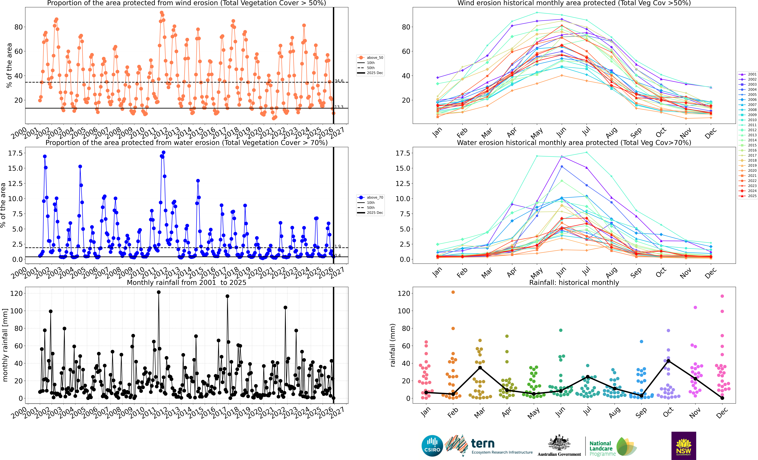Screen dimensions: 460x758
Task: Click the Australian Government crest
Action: pyautogui.click(x=559, y=443)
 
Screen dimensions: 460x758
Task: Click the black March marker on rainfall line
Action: pyautogui.click(x=480, y=368)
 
